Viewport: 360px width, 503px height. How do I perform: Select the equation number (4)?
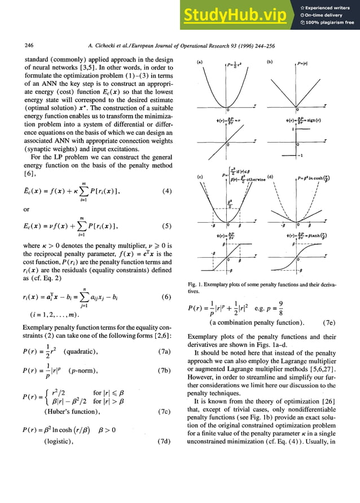tap(166, 191)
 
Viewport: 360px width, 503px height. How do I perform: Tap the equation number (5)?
tap(166, 226)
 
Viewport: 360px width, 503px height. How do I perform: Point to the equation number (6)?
tap(166, 297)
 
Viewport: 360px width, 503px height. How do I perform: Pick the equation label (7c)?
tap(165, 411)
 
